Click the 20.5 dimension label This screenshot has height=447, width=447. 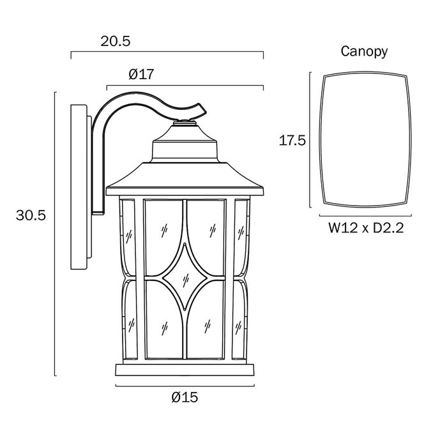(x=116, y=42)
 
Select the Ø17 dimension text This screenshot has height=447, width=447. (x=141, y=74)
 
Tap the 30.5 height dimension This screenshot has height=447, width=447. (x=31, y=215)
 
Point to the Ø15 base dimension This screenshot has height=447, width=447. (x=185, y=397)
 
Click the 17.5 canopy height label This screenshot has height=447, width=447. (x=292, y=140)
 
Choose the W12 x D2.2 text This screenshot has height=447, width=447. (x=366, y=228)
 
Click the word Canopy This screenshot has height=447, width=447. (x=364, y=52)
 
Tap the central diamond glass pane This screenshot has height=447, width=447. (x=185, y=277)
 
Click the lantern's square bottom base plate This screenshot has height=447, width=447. (x=185, y=370)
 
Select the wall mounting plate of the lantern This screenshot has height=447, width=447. (x=79, y=187)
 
